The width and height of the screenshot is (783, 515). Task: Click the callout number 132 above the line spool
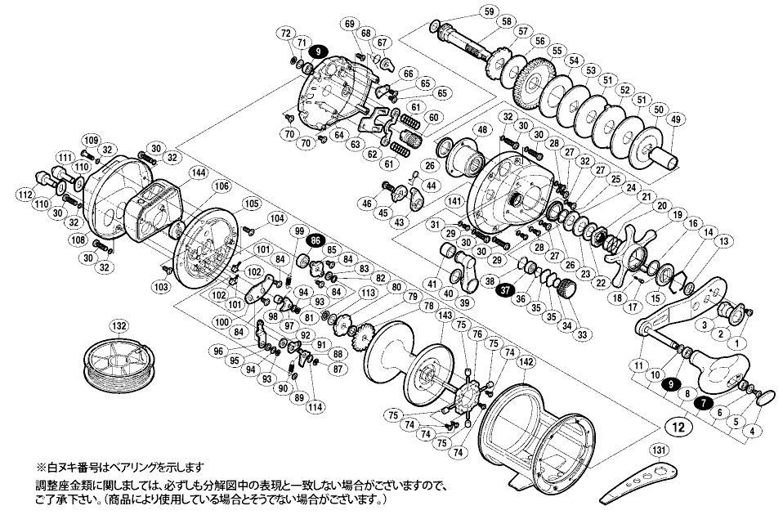120,326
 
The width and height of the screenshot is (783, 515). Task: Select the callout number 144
197,172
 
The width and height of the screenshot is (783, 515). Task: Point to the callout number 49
675,120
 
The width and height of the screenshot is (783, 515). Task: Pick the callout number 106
220,186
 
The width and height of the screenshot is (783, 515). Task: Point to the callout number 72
285,33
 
